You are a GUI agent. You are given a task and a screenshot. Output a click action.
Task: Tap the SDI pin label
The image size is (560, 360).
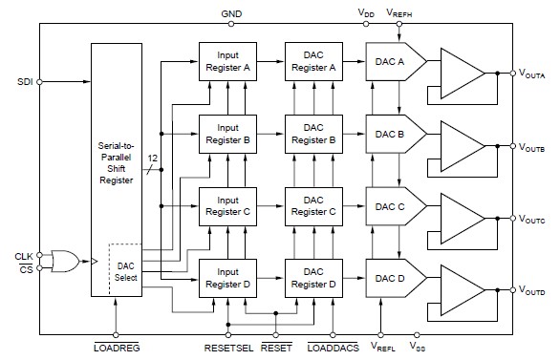point(24,81)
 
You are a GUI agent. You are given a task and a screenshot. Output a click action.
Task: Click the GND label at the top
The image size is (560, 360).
point(231,14)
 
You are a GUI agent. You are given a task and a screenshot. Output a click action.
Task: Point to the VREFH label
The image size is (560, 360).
point(399,12)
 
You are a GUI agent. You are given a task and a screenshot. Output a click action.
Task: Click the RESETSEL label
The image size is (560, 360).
point(227,349)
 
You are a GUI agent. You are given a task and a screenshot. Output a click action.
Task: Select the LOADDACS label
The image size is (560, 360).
point(333,349)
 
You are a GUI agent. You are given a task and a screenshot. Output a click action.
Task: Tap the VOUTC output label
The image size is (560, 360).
point(533,219)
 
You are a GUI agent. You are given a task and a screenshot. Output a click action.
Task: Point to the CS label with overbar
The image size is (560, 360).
point(25,269)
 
